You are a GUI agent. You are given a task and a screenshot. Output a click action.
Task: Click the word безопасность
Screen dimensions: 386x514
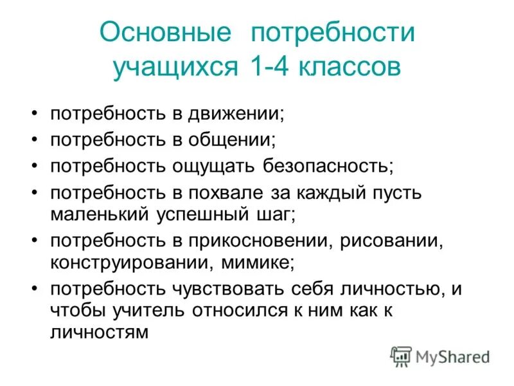pyautogui.click(x=328, y=167)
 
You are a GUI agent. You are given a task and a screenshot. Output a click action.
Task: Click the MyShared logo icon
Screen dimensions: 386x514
pyautogui.click(x=401, y=356)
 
